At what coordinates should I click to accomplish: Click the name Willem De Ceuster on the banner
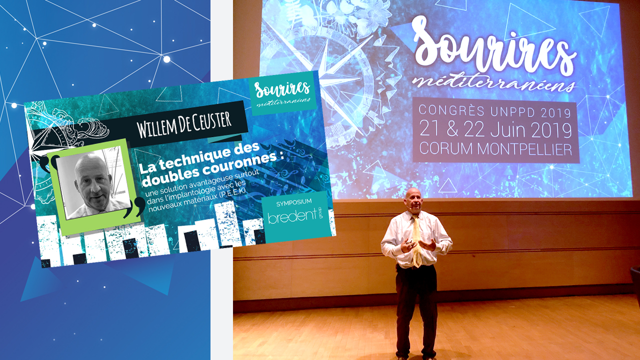184,125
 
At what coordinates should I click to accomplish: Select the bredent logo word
292,216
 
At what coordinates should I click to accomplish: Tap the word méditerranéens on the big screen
493,82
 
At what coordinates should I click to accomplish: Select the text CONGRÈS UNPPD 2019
494,111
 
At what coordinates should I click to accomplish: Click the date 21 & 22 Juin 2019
495,130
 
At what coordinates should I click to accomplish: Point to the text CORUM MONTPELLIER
495,149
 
